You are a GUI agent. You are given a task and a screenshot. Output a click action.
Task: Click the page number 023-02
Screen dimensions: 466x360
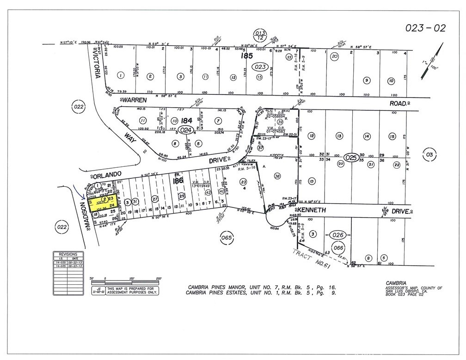point(425,28)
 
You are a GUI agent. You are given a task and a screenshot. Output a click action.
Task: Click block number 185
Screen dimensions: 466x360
point(246,56)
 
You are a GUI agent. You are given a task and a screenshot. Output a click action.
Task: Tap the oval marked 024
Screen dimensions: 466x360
point(186,130)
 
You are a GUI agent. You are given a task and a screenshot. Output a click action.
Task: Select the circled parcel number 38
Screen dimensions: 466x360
point(277,176)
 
